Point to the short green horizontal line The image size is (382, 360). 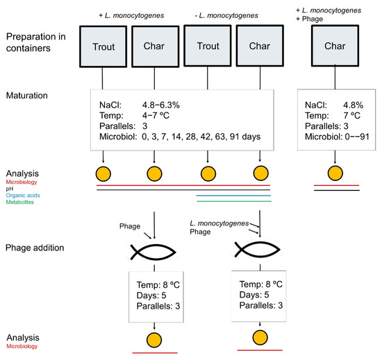pyautogui.click(x=232, y=202)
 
